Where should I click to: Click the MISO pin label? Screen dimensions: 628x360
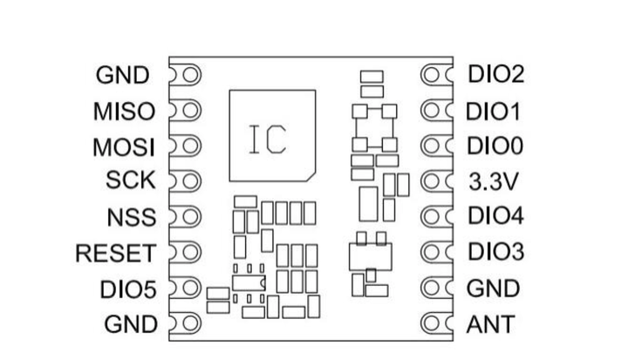(x=124, y=112)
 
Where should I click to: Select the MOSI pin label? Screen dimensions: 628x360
(x=124, y=147)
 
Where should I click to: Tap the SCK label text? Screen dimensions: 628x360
(x=131, y=180)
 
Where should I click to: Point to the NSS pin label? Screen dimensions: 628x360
(x=132, y=217)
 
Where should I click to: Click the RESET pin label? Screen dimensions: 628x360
(x=116, y=253)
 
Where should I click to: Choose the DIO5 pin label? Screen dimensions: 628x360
(x=127, y=289)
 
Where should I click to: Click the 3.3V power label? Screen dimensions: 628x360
(x=494, y=182)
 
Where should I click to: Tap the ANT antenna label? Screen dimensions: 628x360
(x=490, y=324)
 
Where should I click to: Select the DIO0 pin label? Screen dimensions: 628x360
(x=495, y=146)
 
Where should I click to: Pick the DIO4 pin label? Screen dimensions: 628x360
(x=495, y=215)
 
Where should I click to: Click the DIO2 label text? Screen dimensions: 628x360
(x=496, y=74)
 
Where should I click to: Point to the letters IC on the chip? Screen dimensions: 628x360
(x=268, y=139)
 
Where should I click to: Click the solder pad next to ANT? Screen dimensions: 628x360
(x=432, y=323)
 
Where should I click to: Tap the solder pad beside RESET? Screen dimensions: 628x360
(x=191, y=252)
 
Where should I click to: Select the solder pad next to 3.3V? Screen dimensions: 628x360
(x=432, y=181)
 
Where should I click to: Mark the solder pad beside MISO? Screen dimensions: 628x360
(x=191, y=110)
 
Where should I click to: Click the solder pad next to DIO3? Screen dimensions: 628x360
(x=432, y=252)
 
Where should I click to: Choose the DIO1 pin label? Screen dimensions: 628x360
(x=493, y=112)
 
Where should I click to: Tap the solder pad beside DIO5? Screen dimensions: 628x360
(x=191, y=288)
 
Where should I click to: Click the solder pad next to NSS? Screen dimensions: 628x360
(x=191, y=217)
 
